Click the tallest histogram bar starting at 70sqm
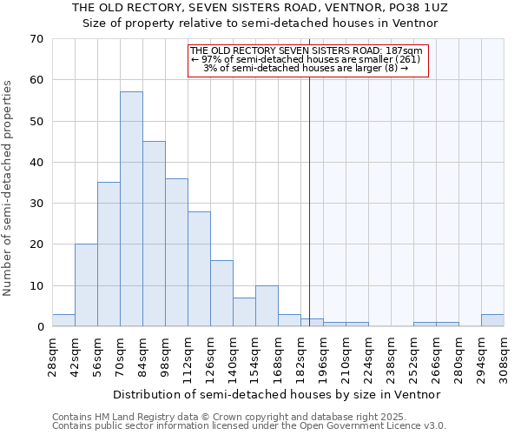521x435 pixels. (131, 209)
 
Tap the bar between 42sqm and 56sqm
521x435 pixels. (86, 285)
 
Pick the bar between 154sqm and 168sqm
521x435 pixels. (267, 306)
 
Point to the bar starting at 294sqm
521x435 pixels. (492, 320)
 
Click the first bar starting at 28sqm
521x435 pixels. (63, 320)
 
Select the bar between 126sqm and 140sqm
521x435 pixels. (221, 293)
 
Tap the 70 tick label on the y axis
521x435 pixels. (36, 39)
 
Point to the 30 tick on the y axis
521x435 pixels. (36, 204)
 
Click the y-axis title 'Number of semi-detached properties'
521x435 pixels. (9, 187)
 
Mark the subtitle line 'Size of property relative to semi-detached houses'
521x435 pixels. (260, 23)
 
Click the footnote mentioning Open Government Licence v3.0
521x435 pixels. (249, 425)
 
